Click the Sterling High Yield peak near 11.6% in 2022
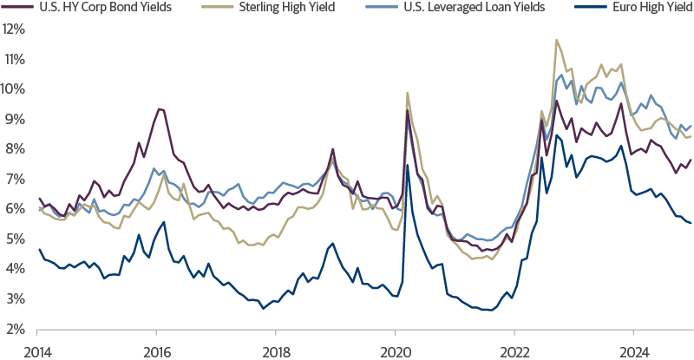pyautogui.click(x=556, y=40)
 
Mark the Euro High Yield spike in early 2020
pyautogui.click(x=407, y=165)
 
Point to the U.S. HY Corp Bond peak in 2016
pyautogui.click(x=159, y=108)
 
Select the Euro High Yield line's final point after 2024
pyautogui.click(x=691, y=224)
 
